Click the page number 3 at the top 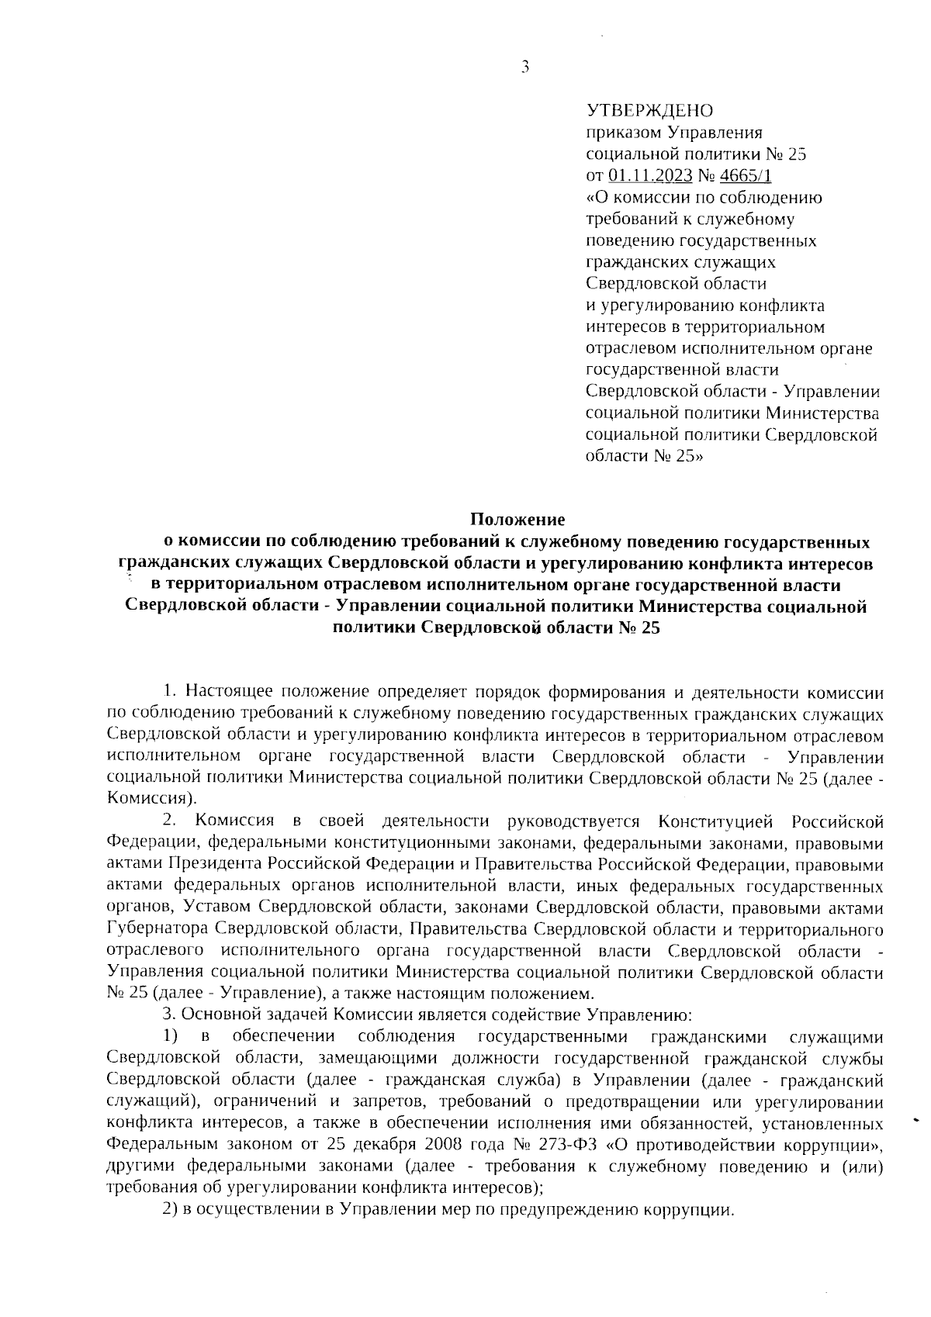[x=525, y=67]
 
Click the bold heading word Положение [x=519, y=517]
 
